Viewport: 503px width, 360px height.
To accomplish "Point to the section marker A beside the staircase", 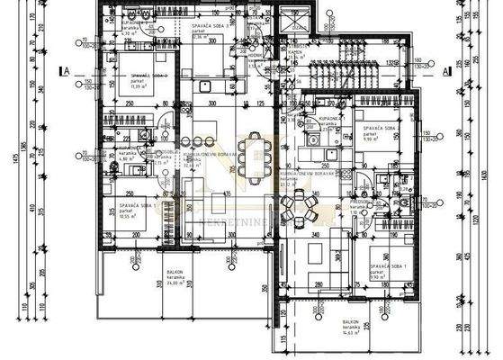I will point(448,69).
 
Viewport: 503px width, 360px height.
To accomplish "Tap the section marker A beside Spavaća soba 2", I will point(64,69).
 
